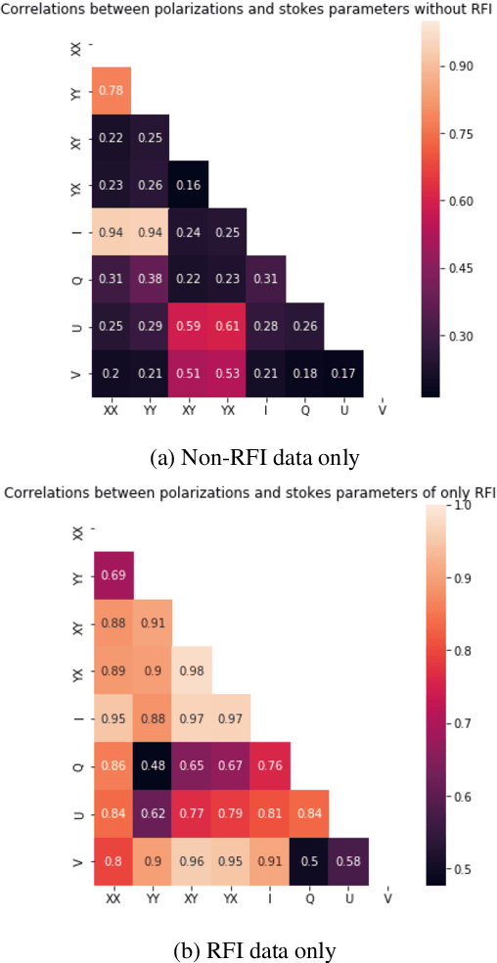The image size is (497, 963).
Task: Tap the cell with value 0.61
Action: click(226, 325)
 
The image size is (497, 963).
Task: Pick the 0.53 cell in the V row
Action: click(226, 372)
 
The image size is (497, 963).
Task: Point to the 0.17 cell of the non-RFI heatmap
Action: click(341, 372)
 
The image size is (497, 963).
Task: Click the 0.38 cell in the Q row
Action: click(150, 278)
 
